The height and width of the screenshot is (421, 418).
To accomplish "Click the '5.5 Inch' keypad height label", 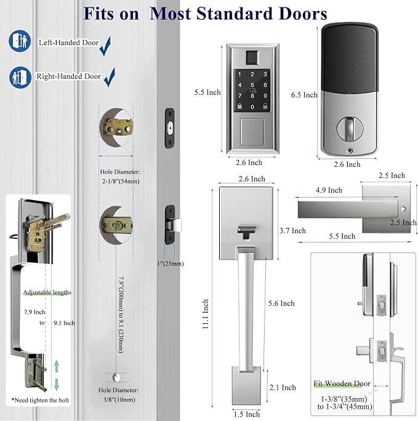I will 205,92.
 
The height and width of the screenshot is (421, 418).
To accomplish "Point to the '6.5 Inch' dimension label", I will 304,95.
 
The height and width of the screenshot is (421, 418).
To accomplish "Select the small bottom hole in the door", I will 116,376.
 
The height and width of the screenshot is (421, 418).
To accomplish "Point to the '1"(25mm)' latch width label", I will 170,263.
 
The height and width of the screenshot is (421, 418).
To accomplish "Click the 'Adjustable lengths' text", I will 47,292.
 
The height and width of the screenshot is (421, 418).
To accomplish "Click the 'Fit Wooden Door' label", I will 342,383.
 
